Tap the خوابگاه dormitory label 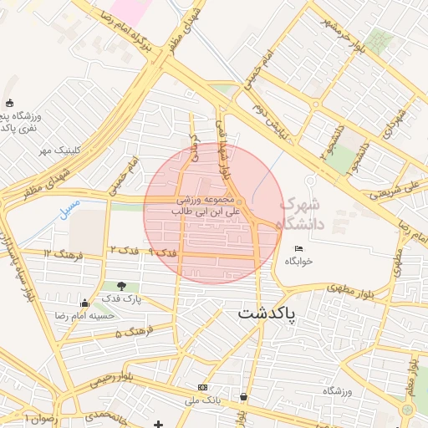298,261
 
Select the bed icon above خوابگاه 298,248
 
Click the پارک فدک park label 122,298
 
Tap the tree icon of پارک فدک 123,286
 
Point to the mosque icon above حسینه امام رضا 84,303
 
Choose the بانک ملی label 202,400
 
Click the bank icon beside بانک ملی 202,388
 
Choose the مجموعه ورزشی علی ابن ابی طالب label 208,206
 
